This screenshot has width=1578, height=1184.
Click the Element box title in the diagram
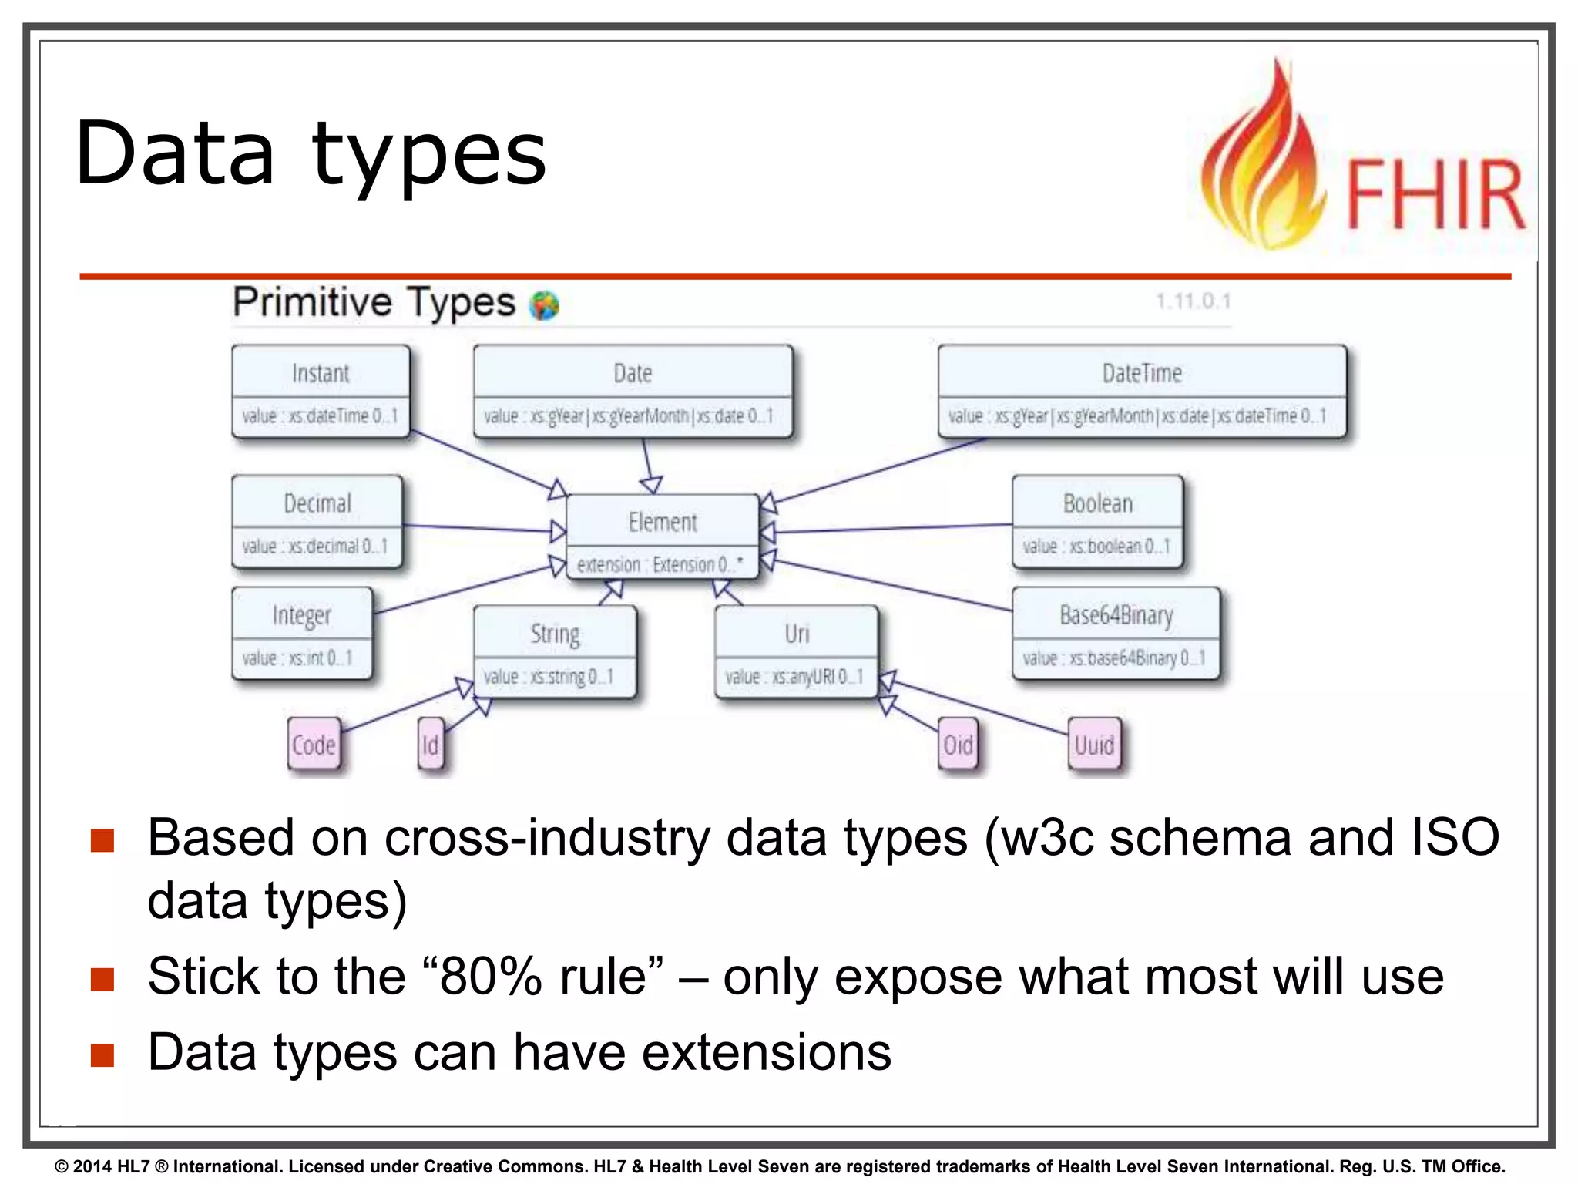(x=662, y=522)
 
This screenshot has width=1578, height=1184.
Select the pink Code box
(x=314, y=745)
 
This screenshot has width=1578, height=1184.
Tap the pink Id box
(x=431, y=745)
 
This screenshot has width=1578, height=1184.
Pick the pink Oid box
(x=958, y=745)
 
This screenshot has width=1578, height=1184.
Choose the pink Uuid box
(x=1094, y=745)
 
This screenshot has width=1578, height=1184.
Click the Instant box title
(x=321, y=373)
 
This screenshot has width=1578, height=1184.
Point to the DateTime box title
(x=1141, y=373)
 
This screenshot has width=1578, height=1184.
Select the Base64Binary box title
(x=1116, y=615)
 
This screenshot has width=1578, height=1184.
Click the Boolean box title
(x=1097, y=503)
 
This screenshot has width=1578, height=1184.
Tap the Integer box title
(x=301, y=615)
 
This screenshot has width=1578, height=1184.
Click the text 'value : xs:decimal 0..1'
(x=314, y=547)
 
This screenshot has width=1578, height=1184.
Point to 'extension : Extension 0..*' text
(x=660, y=565)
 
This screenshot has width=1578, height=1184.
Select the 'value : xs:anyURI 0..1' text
(x=794, y=677)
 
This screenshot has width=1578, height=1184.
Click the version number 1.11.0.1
(x=1193, y=301)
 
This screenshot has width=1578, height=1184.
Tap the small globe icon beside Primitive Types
(x=544, y=306)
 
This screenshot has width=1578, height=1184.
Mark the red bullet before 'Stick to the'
(x=102, y=979)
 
